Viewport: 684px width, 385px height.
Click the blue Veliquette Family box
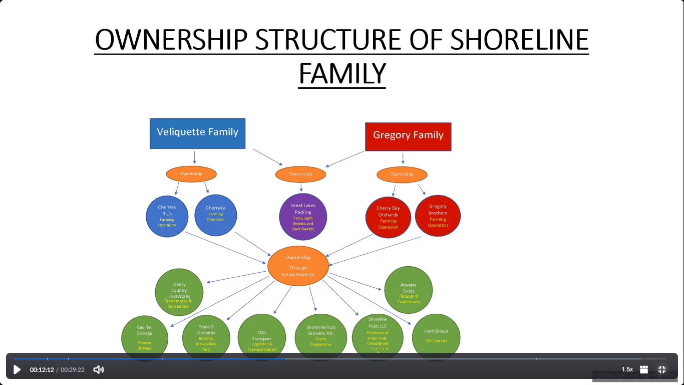197,133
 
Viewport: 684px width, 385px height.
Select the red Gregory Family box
408,136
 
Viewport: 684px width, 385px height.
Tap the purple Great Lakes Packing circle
303,217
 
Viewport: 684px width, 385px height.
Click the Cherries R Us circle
167,216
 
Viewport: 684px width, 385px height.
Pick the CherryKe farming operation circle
215,215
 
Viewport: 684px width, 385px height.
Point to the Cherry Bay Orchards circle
388,217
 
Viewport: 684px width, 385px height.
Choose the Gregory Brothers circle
438,216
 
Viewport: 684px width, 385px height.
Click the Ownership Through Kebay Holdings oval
298,266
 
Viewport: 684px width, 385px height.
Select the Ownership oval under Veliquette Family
191,174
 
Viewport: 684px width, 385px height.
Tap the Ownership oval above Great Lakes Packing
300,174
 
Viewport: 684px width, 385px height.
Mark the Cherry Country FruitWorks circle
179,293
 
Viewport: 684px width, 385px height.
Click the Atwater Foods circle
408,290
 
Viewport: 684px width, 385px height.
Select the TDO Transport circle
261,337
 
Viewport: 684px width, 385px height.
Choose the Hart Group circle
436,336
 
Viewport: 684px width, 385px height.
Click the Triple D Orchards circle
206,337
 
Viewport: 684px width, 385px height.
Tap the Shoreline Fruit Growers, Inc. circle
321,336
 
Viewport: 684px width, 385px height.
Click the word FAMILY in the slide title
342,74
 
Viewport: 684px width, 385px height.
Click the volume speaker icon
99,369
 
